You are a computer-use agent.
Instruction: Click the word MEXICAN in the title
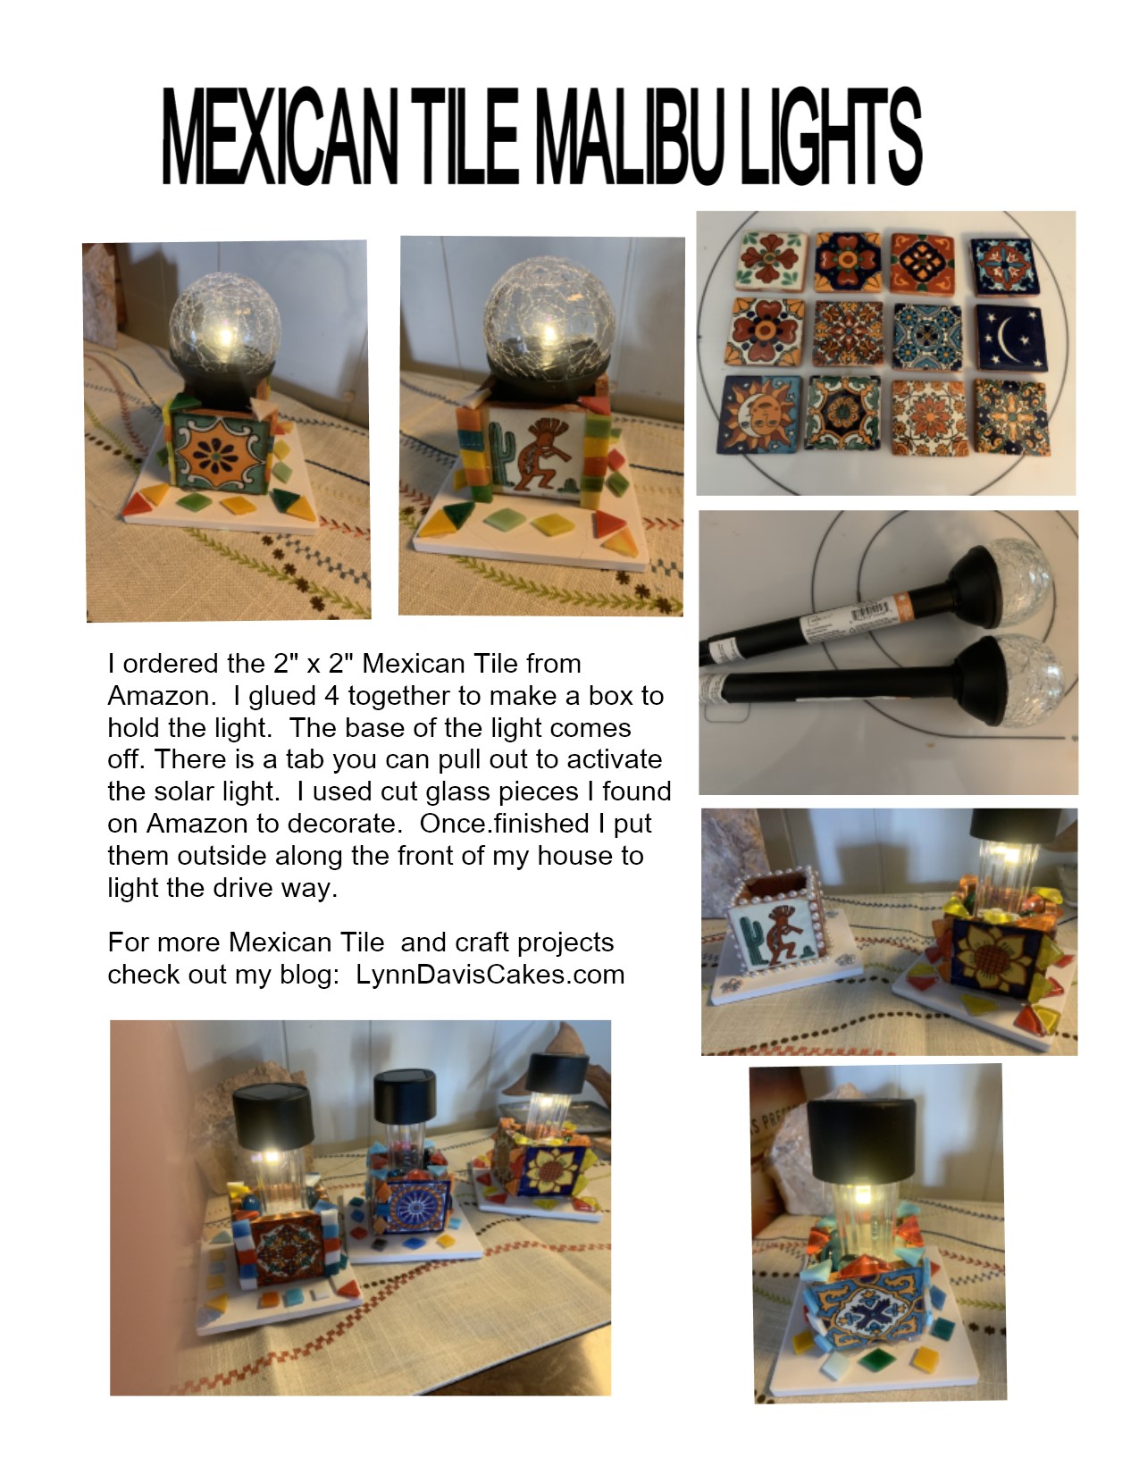tap(280, 136)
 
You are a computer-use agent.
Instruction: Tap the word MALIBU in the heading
tap(628, 136)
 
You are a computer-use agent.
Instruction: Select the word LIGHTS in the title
tap(830, 136)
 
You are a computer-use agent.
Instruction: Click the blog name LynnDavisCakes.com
tap(490, 974)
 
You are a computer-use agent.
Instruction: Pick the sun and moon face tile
tap(758, 414)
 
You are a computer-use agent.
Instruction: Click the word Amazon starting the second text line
tap(159, 696)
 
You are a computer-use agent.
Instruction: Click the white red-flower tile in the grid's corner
tap(771, 259)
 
